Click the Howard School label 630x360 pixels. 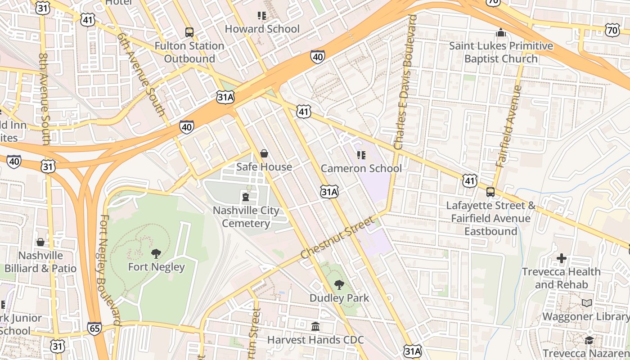262,29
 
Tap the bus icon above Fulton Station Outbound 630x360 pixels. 189,32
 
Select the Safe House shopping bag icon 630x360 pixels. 264,154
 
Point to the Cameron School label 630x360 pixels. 361,168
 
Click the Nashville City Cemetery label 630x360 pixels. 246,217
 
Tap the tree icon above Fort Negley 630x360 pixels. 156,253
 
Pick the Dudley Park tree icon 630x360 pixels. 339,284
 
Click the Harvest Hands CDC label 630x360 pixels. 315,339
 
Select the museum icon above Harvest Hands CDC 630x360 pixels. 315,326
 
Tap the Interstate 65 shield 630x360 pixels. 94,328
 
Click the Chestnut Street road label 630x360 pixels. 337,238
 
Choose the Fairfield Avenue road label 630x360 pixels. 508,126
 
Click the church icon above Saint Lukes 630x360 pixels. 500,32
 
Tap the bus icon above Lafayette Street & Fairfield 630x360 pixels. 490,192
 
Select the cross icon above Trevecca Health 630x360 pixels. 561,258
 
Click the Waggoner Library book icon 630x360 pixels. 586,303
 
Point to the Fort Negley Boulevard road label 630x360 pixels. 110,270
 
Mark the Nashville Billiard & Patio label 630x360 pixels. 40,262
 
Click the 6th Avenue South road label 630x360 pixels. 141,74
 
